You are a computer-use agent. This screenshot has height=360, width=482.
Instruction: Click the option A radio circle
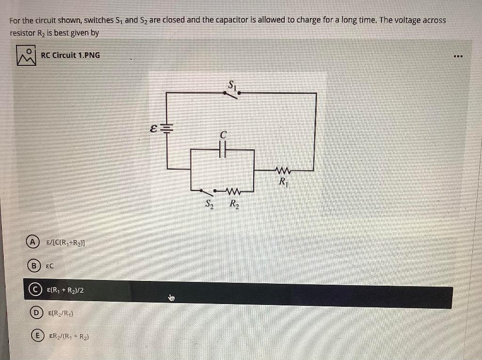[x=32, y=242]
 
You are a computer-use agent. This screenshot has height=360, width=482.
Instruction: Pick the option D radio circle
[x=34, y=313]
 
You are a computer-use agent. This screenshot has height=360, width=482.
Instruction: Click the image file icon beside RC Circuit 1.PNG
[x=26, y=55]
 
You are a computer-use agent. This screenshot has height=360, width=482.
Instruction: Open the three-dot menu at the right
[x=458, y=57]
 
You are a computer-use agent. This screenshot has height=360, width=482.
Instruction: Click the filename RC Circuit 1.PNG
[x=70, y=55]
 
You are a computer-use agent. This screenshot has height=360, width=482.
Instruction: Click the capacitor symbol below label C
[x=223, y=150]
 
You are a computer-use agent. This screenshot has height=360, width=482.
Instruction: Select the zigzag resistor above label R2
[x=233, y=191]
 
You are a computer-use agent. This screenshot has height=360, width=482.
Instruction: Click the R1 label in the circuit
[x=283, y=182]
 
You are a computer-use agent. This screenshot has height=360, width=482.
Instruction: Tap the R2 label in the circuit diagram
[x=234, y=205]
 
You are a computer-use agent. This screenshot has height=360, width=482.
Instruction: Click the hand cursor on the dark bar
[x=171, y=297]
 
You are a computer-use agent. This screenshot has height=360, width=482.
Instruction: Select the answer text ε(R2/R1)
[x=60, y=313]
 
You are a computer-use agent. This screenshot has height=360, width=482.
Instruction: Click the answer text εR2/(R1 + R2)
[x=69, y=337]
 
